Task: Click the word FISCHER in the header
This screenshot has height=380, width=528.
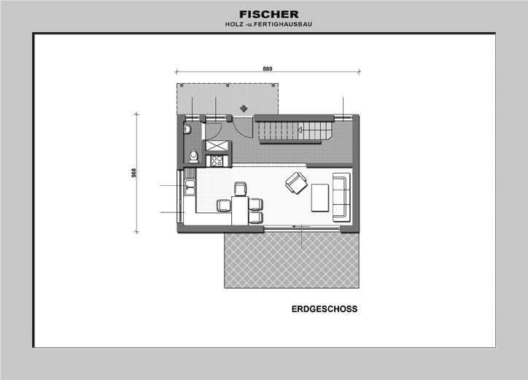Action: (269, 15)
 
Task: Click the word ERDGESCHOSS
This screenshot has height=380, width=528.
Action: (325, 309)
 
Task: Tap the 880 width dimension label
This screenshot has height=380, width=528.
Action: (268, 69)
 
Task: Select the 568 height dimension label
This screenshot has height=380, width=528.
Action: (134, 173)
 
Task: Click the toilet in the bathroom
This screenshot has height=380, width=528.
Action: (193, 156)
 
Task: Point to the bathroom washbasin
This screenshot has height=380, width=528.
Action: (187, 129)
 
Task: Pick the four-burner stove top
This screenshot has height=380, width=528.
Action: (217, 160)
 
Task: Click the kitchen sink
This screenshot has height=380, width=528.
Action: (190, 187)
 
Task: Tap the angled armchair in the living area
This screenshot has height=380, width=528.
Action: (296, 183)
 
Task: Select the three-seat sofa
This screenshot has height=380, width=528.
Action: (341, 197)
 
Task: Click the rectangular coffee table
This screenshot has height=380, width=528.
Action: (320, 198)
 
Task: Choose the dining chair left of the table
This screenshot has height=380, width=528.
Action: (224, 205)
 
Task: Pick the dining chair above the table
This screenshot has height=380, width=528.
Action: (241, 189)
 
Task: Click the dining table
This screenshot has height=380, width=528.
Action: (240, 211)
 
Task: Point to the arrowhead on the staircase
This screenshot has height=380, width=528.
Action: (300, 130)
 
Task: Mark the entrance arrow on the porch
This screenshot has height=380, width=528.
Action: (243, 109)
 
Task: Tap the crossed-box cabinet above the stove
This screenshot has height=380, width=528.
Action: (217, 146)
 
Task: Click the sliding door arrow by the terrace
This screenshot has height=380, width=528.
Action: (296, 226)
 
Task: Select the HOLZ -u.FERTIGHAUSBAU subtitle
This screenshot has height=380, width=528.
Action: (268, 24)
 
